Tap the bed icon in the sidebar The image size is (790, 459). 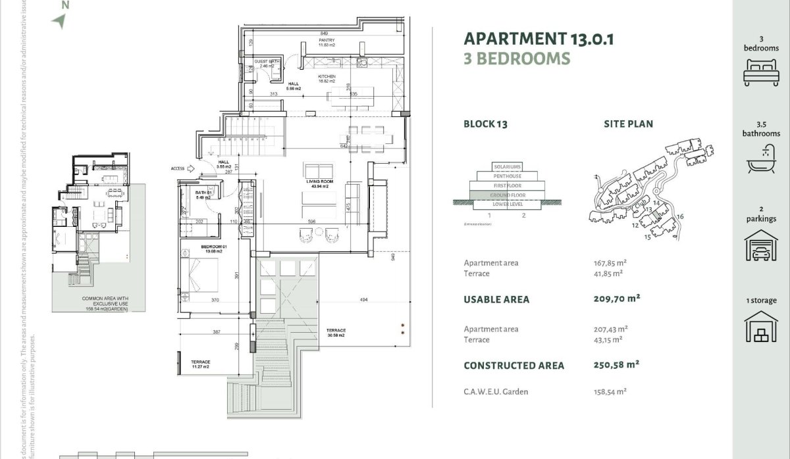[x=761, y=72]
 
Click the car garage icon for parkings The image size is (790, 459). [x=761, y=245]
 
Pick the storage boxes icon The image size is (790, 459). [x=761, y=327]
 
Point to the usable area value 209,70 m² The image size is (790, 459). [x=617, y=299]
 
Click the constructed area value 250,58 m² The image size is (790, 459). [x=617, y=364]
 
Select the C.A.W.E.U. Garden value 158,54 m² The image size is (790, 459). [x=610, y=391]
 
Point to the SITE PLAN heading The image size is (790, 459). [x=628, y=124]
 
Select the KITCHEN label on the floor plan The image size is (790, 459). [x=327, y=77]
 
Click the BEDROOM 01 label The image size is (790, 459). [x=214, y=247]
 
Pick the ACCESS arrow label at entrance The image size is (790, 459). [x=178, y=168]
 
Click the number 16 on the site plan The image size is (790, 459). [x=680, y=216]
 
